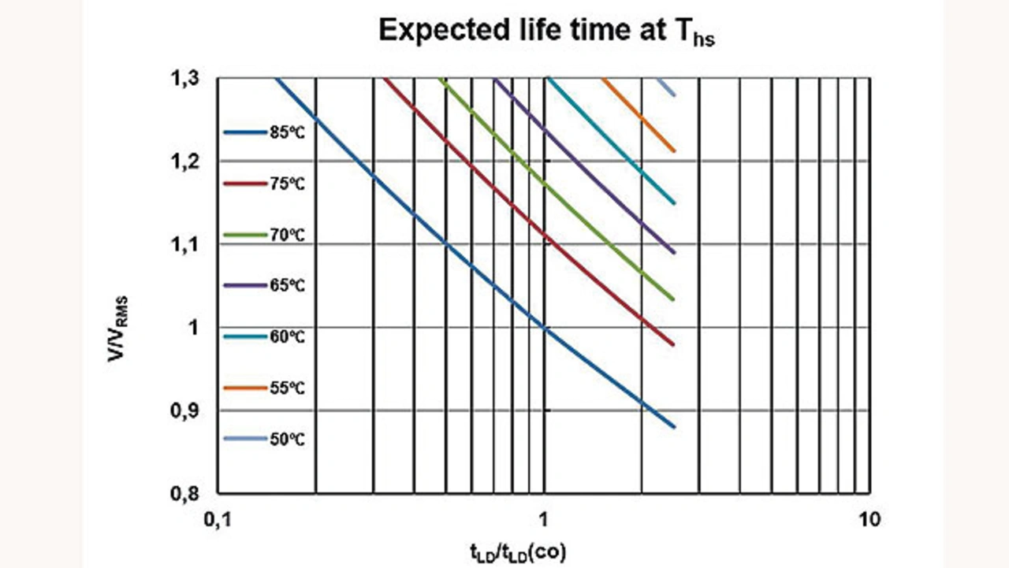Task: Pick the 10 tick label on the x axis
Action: [869, 521]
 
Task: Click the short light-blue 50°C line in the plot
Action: [667, 87]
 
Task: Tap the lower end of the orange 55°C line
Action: [674, 150]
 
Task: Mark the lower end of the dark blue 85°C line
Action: [674, 426]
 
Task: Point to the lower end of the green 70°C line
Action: [674, 299]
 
